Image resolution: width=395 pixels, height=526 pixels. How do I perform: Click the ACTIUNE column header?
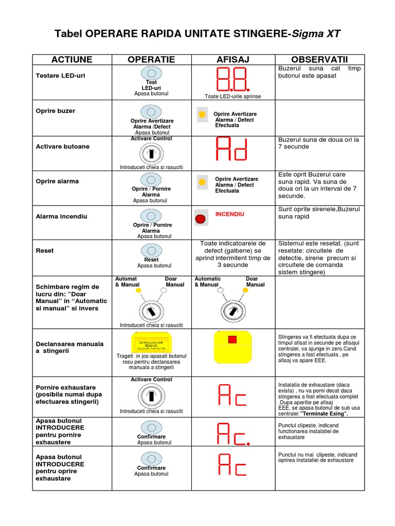(x=71, y=60)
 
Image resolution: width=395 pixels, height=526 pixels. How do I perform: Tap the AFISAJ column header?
(x=232, y=60)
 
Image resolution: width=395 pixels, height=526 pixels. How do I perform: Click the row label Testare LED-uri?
(x=61, y=76)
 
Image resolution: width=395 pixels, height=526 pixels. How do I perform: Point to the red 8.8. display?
(x=232, y=80)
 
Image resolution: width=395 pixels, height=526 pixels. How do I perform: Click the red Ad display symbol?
(x=232, y=149)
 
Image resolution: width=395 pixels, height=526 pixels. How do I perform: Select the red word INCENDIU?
(x=230, y=214)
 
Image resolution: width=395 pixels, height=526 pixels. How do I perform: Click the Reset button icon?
(x=151, y=250)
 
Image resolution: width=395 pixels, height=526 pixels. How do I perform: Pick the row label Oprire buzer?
(x=56, y=110)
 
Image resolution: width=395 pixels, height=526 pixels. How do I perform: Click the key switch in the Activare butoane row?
(x=151, y=154)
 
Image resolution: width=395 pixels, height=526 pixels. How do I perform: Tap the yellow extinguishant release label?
(x=151, y=343)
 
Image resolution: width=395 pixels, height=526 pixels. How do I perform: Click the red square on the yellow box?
(x=232, y=339)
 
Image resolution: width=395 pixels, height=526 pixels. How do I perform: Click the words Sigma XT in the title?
(x=316, y=34)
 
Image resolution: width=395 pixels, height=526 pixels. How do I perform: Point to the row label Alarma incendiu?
(x=61, y=216)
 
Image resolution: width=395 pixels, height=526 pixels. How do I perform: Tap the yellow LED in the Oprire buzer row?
(x=202, y=114)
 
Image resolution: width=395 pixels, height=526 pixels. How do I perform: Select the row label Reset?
(x=45, y=251)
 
